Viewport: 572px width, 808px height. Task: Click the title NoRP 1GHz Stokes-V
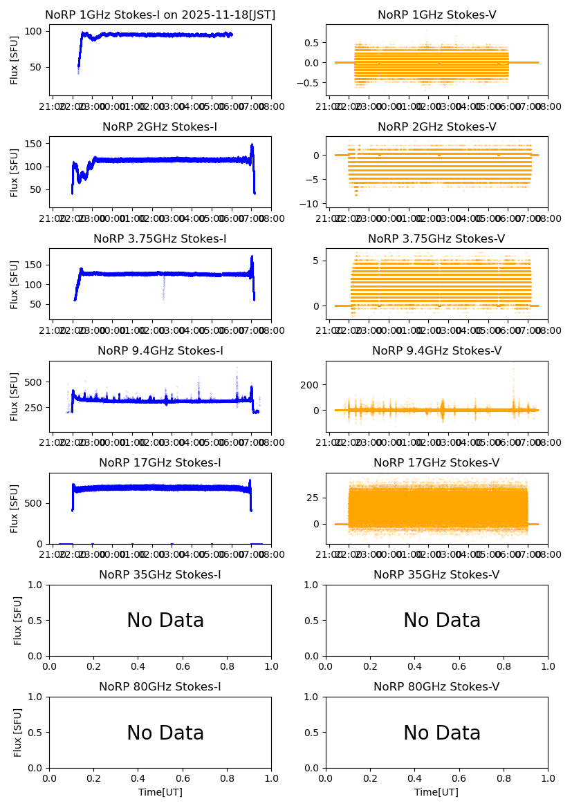click(x=436, y=15)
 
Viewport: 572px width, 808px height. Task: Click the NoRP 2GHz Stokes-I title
click(x=160, y=126)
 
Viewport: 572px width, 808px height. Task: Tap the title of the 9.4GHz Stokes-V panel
click(x=436, y=350)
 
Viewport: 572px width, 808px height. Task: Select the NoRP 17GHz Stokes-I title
click(x=160, y=462)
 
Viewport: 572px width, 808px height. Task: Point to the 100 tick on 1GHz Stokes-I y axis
click(x=36, y=31)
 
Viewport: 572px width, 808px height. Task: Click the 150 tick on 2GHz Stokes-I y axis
click(x=36, y=143)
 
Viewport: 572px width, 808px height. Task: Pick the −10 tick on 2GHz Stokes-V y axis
click(x=312, y=203)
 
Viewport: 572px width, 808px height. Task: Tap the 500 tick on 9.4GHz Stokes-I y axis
click(x=36, y=382)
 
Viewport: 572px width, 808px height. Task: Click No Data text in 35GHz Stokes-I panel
click(x=165, y=621)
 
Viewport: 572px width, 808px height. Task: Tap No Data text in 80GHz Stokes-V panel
click(x=442, y=733)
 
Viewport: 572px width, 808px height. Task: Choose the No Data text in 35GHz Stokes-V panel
click(x=442, y=621)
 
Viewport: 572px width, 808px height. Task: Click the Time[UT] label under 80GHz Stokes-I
click(x=160, y=792)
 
